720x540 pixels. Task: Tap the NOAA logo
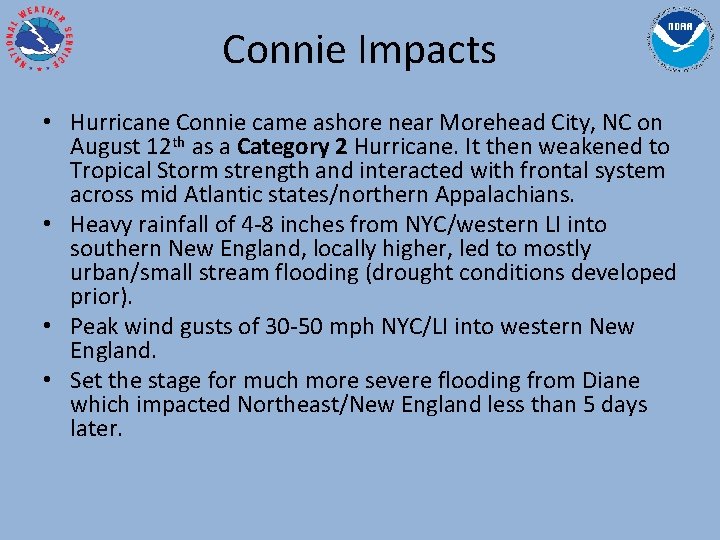[681, 41]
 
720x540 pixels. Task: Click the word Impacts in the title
[430, 49]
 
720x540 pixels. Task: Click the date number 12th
[164, 146]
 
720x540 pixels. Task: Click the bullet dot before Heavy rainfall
[50, 225]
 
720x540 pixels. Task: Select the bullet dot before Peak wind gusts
[50, 327]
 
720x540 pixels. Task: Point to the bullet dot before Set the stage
[50, 381]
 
